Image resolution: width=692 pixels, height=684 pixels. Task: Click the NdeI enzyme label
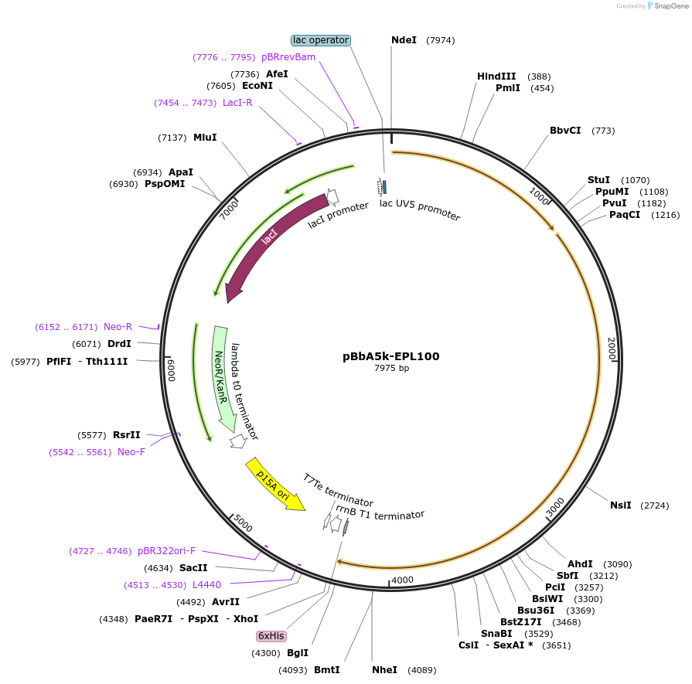click(x=404, y=40)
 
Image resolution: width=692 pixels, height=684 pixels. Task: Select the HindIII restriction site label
click(x=496, y=77)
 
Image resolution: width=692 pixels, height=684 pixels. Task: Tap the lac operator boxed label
click(x=321, y=40)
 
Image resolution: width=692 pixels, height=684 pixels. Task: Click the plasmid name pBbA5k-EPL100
click(x=391, y=356)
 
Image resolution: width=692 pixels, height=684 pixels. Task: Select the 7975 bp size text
click(x=391, y=368)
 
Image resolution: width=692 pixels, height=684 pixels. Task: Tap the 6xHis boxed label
click(x=271, y=636)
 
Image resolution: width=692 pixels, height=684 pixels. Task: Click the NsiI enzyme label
click(x=621, y=505)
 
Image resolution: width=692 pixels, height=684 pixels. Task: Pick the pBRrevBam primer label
click(x=288, y=57)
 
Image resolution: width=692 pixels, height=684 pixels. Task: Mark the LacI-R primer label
click(x=237, y=103)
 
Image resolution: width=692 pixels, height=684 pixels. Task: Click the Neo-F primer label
click(x=131, y=451)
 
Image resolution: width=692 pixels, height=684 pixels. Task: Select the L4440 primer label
click(x=206, y=585)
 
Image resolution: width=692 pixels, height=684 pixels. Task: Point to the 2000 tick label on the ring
click(x=612, y=349)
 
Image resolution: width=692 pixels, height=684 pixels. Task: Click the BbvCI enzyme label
click(x=565, y=131)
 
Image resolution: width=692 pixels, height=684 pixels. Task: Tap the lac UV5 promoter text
click(x=420, y=209)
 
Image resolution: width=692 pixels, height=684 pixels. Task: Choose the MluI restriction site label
click(x=205, y=138)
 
